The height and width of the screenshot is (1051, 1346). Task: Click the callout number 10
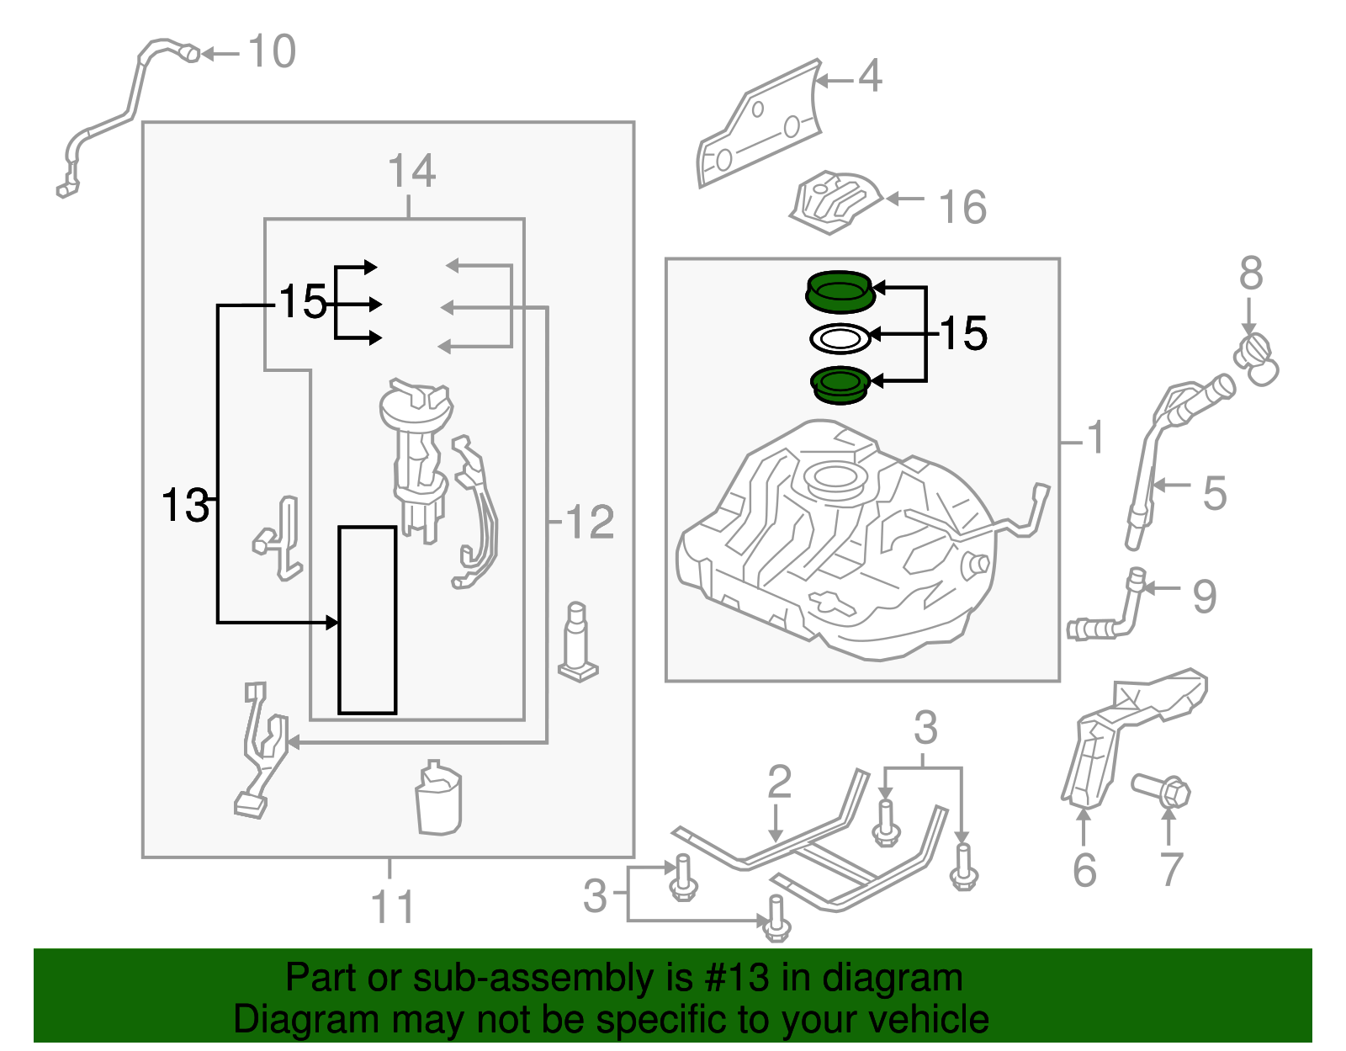[x=272, y=52]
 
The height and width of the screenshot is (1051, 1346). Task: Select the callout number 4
[x=870, y=77]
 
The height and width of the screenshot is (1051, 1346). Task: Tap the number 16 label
[x=962, y=208]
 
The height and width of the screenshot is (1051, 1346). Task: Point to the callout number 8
[x=1250, y=274]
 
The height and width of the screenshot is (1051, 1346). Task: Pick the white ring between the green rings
[x=839, y=339]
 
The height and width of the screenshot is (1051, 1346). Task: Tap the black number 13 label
[x=185, y=506]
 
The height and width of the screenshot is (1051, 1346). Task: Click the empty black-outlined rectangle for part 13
[x=368, y=620]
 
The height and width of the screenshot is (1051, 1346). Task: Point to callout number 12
[x=590, y=523]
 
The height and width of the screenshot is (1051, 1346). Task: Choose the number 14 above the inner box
[x=411, y=172]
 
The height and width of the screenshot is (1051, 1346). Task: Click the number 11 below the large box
[x=392, y=908]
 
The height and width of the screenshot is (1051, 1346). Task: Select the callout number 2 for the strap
[x=779, y=782]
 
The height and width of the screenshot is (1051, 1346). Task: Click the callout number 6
[x=1084, y=870]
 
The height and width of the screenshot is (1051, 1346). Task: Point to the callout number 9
[x=1204, y=597]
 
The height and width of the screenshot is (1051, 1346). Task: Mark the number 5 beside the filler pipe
[x=1214, y=493]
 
